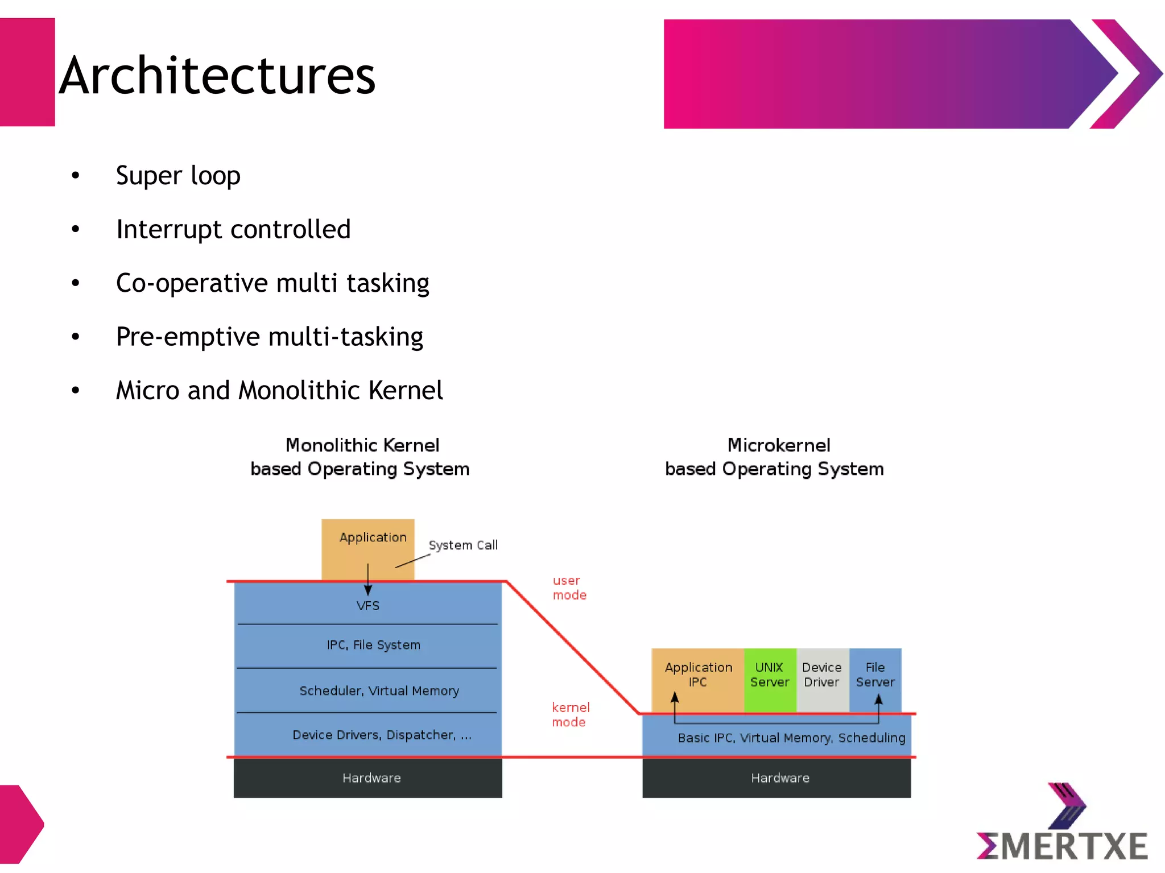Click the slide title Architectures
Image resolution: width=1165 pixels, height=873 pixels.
(217, 76)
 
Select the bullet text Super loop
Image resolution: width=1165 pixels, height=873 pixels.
(178, 175)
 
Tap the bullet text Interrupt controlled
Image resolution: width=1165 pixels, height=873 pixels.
(233, 229)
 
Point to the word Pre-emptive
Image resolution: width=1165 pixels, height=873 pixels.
(188, 337)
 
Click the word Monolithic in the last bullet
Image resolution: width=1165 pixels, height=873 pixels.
(300, 390)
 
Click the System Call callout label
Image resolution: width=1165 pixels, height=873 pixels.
(463, 545)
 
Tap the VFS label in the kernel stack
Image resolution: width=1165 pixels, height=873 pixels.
(368, 606)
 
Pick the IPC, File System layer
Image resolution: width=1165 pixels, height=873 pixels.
(373, 645)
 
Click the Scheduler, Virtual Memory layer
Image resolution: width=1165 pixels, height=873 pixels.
(379, 690)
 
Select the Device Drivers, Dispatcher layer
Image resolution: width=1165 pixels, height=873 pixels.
(381, 735)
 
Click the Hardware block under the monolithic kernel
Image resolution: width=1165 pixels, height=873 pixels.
(371, 778)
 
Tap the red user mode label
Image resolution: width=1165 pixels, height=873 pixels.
(568, 587)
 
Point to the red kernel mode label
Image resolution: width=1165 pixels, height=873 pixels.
(570, 714)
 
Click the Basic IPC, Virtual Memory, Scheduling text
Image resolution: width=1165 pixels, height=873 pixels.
(791, 738)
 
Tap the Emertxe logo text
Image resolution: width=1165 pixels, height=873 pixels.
(1063, 846)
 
